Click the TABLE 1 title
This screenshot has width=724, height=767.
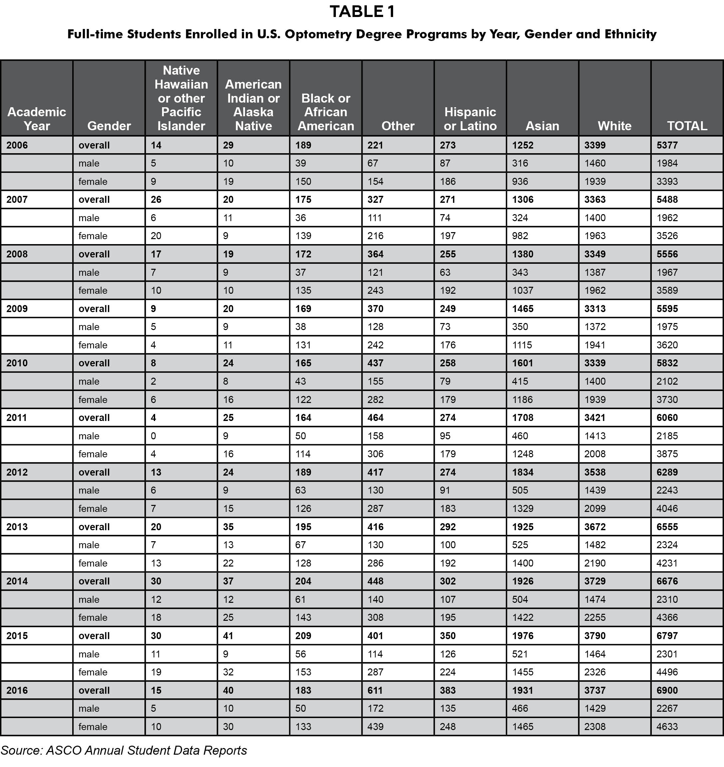[x=362, y=12]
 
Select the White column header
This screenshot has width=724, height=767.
[x=614, y=126]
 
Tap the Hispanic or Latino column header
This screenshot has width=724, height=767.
[x=470, y=119]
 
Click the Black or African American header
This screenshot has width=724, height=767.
[x=326, y=112]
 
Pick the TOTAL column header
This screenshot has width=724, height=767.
[x=687, y=126]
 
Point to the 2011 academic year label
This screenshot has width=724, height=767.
[x=17, y=418]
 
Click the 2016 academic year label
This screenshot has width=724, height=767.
[x=17, y=690]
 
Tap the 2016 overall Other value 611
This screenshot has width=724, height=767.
[x=375, y=690]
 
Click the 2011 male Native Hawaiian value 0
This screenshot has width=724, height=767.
[x=153, y=436]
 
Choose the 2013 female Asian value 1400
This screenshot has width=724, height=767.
[x=523, y=563]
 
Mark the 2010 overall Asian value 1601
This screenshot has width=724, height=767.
[x=523, y=363]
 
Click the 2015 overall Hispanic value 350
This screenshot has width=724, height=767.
[x=448, y=636]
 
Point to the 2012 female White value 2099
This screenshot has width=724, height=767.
[x=595, y=509]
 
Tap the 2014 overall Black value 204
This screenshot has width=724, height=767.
[x=303, y=581]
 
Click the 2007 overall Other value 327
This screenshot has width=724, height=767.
[x=375, y=200]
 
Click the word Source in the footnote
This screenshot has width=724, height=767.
[x=21, y=750]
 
